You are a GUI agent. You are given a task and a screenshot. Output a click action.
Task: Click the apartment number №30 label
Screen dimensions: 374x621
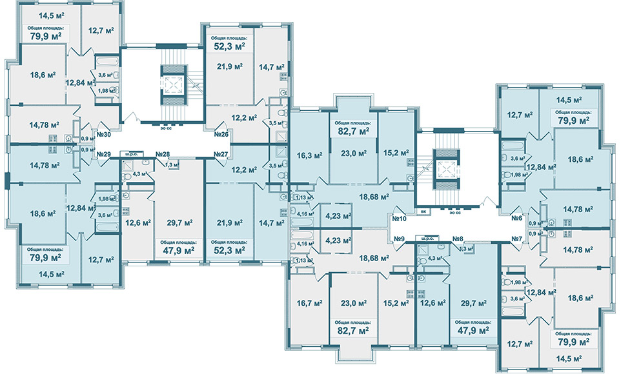(x=105, y=135)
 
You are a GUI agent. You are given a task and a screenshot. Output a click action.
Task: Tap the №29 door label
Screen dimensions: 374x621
(x=105, y=155)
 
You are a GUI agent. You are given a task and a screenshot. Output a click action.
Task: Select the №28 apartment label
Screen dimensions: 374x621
(x=162, y=155)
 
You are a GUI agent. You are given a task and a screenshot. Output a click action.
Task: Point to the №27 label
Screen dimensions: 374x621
(x=222, y=155)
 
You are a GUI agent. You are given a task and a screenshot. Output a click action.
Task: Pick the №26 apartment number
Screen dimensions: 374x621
(x=222, y=135)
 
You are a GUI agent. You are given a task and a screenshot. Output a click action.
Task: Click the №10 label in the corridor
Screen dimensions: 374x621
(x=399, y=218)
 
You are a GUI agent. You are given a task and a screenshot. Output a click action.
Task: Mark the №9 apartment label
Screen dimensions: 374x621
(x=399, y=239)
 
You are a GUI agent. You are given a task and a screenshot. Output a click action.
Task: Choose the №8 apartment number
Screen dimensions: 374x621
(x=459, y=239)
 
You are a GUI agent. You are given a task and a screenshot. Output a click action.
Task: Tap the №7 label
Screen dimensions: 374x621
(x=516, y=239)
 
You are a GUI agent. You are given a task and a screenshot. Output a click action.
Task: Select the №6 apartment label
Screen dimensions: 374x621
(x=516, y=218)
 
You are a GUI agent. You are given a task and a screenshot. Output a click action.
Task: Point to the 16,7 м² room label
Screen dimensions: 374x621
(x=309, y=302)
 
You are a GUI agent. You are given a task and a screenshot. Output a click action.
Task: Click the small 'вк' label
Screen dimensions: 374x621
(x=422, y=210)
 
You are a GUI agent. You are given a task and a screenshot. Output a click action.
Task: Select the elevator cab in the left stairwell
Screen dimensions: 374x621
(x=172, y=86)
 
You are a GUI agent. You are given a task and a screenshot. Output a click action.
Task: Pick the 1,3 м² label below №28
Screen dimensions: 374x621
(x=171, y=166)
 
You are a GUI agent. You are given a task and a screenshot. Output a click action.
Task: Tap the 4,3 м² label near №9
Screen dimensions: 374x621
(x=435, y=259)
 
